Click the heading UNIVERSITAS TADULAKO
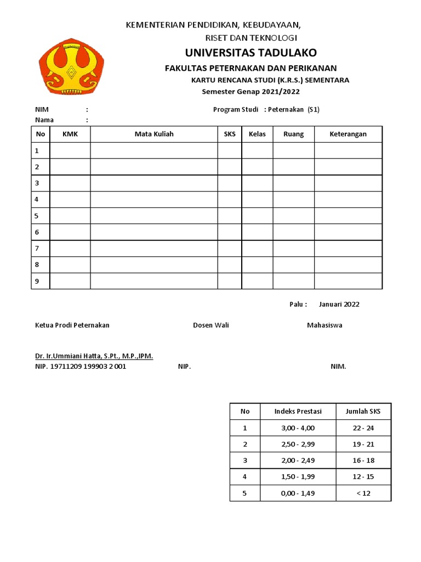(251, 53)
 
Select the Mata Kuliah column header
(154, 134)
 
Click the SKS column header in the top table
(229, 134)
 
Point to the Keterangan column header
(348, 134)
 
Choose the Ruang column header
(293, 134)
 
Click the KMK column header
(70, 134)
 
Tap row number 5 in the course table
(37, 216)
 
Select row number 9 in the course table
(37, 281)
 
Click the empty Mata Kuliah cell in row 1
(154, 150)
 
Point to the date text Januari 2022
(339, 304)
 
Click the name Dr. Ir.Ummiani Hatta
(94, 356)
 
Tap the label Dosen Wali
(211, 325)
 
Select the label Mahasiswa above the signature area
(325, 325)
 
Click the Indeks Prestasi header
(298, 411)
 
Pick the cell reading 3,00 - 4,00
(298, 428)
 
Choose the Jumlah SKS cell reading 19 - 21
(363, 444)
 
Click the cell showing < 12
(363, 493)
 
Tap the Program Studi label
(236, 109)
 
